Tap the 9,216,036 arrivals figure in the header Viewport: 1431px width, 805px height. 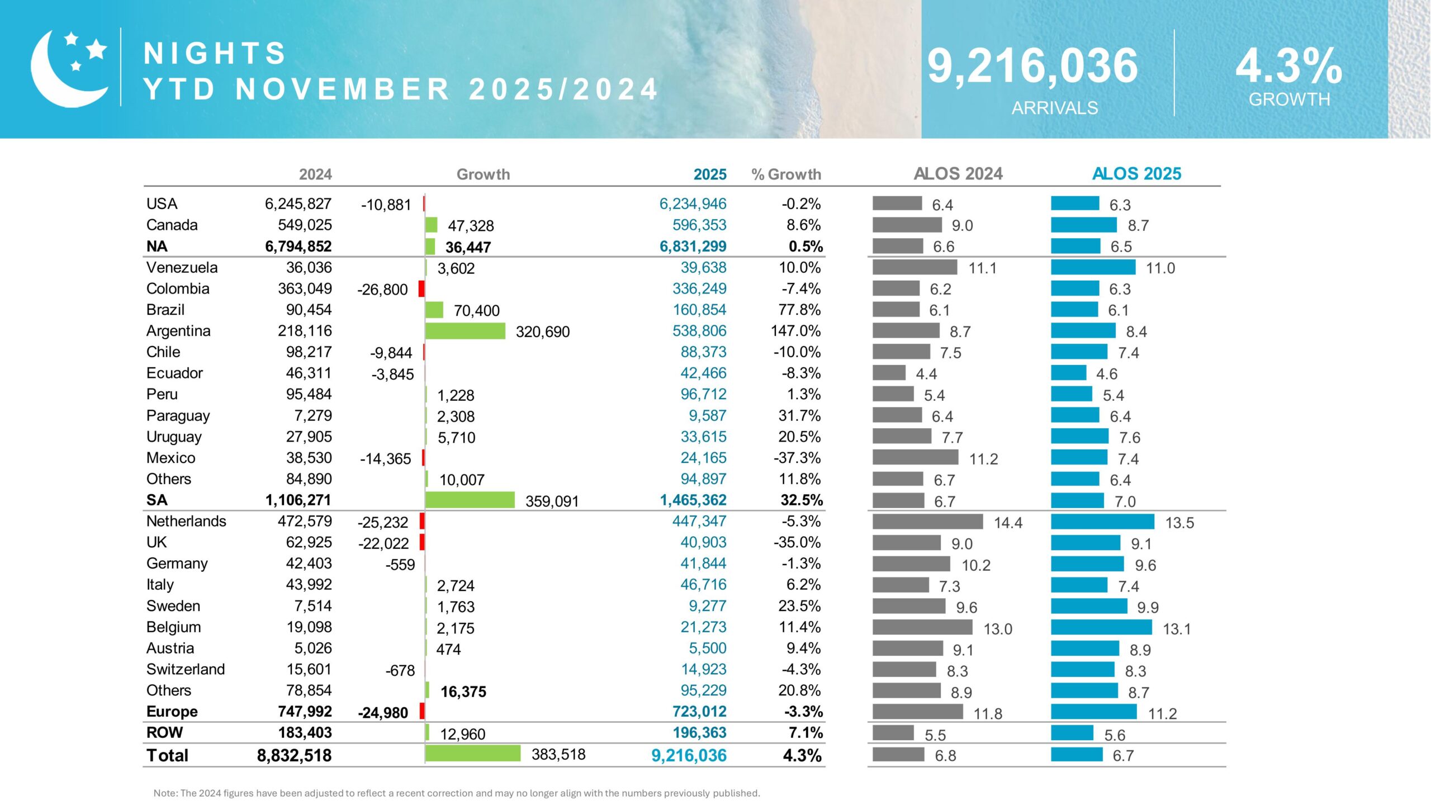(1032, 66)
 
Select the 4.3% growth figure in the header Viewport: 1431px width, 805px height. (1288, 66)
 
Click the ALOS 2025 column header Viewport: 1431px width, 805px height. (1136, 174)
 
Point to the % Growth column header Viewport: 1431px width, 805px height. (786, 174)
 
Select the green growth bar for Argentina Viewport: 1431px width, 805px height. (465, 331)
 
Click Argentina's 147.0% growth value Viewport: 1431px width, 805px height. (795, 331)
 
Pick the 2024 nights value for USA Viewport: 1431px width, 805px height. (298, 203)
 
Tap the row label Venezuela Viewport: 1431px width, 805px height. (182, 267)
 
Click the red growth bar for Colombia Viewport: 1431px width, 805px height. (421, 289)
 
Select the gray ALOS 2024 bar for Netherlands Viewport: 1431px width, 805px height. (927, 522)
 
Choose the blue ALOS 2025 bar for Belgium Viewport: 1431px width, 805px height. (1101, 627)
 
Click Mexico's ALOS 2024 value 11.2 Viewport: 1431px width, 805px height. (983, 459)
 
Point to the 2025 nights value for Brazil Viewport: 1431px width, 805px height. (699, 310)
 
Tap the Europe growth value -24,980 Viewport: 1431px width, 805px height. (383, 713)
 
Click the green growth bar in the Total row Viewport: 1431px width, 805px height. (472, 754)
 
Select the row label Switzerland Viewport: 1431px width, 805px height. (186, 669)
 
